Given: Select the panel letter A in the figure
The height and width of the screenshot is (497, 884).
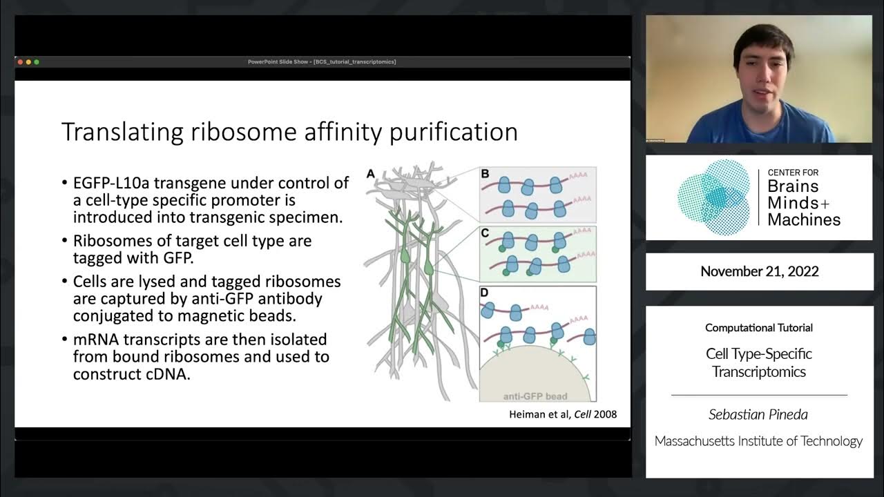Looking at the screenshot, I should pos(370,174).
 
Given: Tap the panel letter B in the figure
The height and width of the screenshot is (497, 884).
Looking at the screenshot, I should pos(485,174).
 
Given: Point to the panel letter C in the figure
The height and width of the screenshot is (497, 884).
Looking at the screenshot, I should pos(485,233).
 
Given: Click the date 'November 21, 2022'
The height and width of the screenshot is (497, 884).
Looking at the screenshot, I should pos(759,271).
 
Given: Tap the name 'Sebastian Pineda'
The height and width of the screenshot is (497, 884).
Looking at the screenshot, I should pos(758,414).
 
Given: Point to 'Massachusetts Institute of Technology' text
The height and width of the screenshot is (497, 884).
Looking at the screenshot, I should pos(758,440).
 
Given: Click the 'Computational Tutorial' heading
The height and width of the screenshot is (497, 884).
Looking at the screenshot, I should pos(758,328).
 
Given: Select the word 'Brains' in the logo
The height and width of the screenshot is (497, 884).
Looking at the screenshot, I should pos(793,186).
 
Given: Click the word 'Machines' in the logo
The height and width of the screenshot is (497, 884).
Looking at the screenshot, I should pos(804,220).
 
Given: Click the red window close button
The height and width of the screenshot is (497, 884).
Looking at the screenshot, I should pos(21,62).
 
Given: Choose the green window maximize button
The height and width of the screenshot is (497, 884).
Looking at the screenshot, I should pos(37,62).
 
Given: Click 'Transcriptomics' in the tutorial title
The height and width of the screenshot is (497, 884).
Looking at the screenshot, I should pos(759,371).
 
